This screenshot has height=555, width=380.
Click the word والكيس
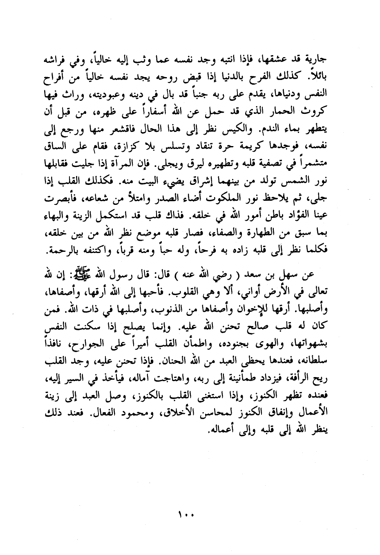(226, 131)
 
